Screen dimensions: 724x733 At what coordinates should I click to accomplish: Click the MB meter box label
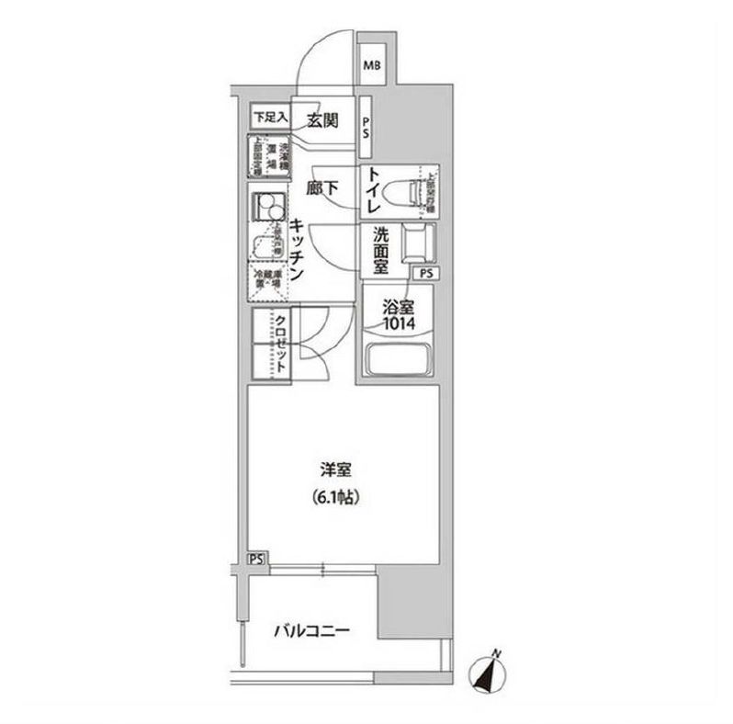tap(374, 65)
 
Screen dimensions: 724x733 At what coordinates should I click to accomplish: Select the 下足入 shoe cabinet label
tap(271, 118)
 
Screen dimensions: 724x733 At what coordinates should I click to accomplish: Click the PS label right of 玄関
tap(366, 128)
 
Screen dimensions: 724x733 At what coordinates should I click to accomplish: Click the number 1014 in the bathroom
tap(400, 324)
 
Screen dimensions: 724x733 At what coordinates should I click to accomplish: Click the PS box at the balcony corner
tap(256, 559)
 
